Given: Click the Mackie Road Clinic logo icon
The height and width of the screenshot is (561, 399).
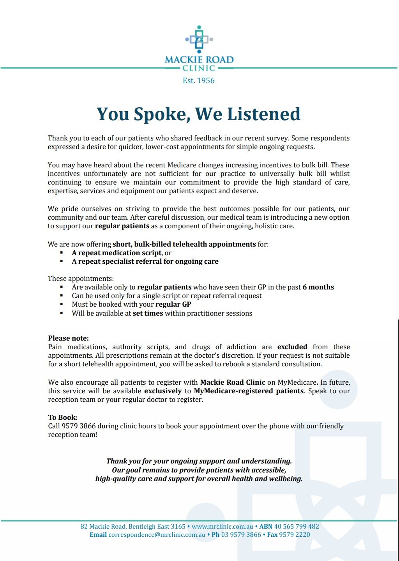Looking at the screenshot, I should [199, 39].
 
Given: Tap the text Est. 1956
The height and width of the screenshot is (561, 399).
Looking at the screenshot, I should [199, 81].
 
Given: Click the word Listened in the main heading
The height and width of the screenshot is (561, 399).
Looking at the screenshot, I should [263, 114].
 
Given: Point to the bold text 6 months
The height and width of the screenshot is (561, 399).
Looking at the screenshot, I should [318, 287].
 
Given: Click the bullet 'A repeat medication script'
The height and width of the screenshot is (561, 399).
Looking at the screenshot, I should [117, 253].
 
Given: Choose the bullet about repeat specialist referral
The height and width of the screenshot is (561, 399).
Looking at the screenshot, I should [145, 261].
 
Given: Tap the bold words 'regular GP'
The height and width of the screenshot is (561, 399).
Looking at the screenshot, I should [173, 304].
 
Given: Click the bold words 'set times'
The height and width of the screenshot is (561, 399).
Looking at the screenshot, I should [148, 313].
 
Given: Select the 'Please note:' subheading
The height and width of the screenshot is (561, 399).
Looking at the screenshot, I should [69, 338].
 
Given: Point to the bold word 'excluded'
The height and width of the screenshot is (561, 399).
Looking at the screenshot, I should [292, 347].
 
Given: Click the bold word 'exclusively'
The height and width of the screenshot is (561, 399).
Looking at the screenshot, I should [163, 391].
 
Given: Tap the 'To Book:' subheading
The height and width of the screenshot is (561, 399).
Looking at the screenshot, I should [63, 417].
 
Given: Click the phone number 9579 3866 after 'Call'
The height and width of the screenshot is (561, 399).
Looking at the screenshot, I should [79, 426].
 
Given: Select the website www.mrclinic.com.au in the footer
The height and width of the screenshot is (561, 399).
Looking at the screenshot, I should [222, 526].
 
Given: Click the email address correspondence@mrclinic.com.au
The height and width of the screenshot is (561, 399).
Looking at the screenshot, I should [157, 534].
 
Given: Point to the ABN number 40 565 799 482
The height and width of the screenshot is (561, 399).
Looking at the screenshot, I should [297, 526].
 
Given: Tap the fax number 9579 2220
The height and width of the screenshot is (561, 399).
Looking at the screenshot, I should [295, 534].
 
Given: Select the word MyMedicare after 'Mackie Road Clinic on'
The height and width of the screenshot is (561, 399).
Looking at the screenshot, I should [296, 382].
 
